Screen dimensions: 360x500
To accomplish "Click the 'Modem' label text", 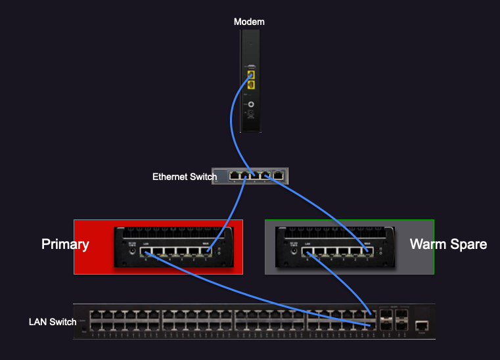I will pyautogui.click(x=249, y=22).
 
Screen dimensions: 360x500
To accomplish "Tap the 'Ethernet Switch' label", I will pyautogui.click(x=184, y=177).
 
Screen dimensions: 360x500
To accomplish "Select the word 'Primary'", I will pyautogui.click(x=65, y=244).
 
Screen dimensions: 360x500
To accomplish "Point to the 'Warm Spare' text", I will pyautogui.click(x=448, y=244).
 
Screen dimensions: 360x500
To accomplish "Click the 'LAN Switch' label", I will pyautogui.click(x=53, y=322).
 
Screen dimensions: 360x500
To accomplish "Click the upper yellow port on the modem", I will pyautogui.click(x=250, y=74).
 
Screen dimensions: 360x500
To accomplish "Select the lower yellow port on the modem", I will pyautogui.click(x=250, y=84).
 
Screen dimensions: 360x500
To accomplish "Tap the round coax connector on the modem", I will pyautogui.click(x=250, y=104).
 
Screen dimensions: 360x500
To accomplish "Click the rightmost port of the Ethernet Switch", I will pyautogui.click(x=279, y=175).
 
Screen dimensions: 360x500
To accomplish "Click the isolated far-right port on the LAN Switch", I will pyautogui.click(x=422, y=325).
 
